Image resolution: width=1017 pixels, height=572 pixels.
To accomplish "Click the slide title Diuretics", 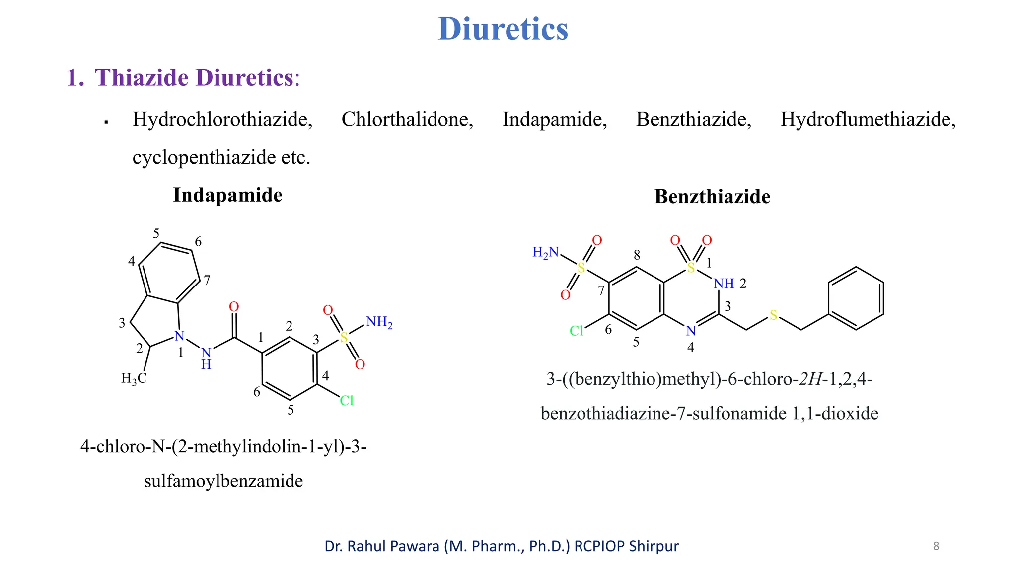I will pos(503,29).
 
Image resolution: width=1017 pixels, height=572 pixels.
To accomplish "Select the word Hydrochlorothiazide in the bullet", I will pos(222,120).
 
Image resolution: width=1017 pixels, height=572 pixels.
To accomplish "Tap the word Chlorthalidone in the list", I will pos(407,120).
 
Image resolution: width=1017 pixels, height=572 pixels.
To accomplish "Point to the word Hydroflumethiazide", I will pos(868,120).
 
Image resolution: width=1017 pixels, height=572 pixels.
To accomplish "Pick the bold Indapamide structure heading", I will pos(227,195).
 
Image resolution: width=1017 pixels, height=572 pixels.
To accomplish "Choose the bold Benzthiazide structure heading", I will pos(712,197).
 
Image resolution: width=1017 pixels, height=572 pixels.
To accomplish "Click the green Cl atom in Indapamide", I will pos(347,401).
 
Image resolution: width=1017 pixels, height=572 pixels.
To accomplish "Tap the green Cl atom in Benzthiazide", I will pos(577,331).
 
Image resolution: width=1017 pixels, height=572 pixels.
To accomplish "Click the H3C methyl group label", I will pos(134,379).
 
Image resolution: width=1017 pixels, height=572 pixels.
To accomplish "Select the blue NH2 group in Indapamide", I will pos(379,322).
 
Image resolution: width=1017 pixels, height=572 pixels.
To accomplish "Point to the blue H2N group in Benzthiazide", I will pos(545,253).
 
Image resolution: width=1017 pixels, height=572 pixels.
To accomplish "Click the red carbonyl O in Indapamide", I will pos(234,307).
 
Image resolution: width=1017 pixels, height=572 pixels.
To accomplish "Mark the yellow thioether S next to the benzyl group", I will pos(773,315).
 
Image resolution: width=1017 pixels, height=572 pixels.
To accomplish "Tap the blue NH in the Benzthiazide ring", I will pos(724,284).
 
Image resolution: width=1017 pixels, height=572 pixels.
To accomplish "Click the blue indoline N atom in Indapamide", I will pos(179,336).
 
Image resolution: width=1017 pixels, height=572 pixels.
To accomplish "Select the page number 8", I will pos(936,546).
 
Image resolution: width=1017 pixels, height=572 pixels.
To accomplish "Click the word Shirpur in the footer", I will pos(654,546).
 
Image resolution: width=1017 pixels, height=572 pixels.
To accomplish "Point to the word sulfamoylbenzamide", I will pos(223,481).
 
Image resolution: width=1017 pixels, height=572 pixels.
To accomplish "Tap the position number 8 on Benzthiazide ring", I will pos(637,255).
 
